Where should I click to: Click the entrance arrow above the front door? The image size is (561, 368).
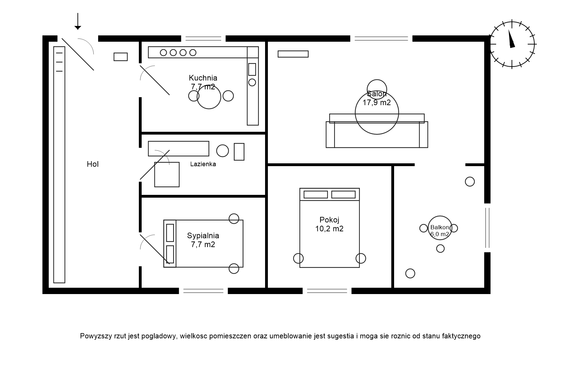(x=78, y=22)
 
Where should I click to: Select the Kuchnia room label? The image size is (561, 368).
(x=203, y=78)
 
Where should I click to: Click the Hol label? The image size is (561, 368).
(x=93, y=164)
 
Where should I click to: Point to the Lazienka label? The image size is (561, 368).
(x=203, y=164)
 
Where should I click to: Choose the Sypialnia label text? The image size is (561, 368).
(x=203, y=236)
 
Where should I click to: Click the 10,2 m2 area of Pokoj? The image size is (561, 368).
(x=329, y=229)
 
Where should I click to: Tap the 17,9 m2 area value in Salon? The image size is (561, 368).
(x=377, y=103)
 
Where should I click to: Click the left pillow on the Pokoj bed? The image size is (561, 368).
(x=316, y=195)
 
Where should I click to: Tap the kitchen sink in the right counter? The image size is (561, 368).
(x=252, y=69)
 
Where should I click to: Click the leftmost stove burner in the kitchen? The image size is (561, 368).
(x=163, y=53)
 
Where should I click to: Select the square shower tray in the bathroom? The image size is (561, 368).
(x=167, y=174)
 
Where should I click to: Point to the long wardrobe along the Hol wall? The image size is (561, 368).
(x=59, y=165)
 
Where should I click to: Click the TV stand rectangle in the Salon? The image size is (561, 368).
(x=293, y=54)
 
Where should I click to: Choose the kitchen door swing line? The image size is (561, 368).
(x=155, y=80)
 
